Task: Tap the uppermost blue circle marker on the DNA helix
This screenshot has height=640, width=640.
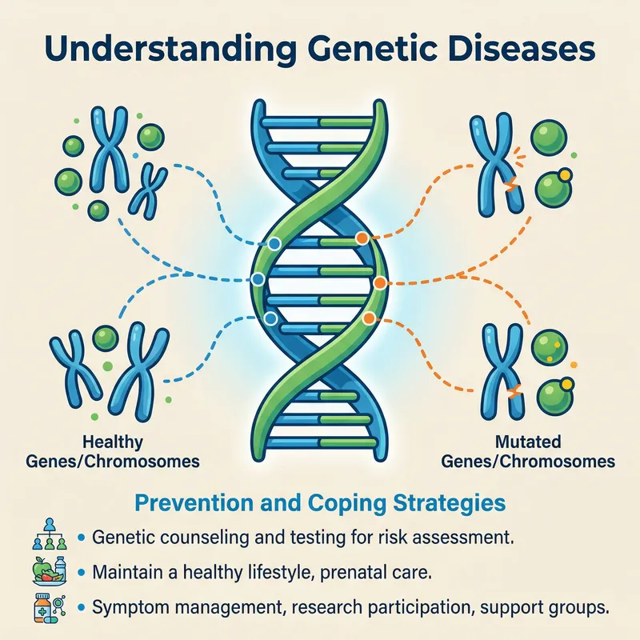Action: coord(274,243)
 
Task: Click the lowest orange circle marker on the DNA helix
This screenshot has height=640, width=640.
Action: coord(368,318)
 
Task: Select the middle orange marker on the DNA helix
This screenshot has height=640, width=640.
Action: coord(380,282)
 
